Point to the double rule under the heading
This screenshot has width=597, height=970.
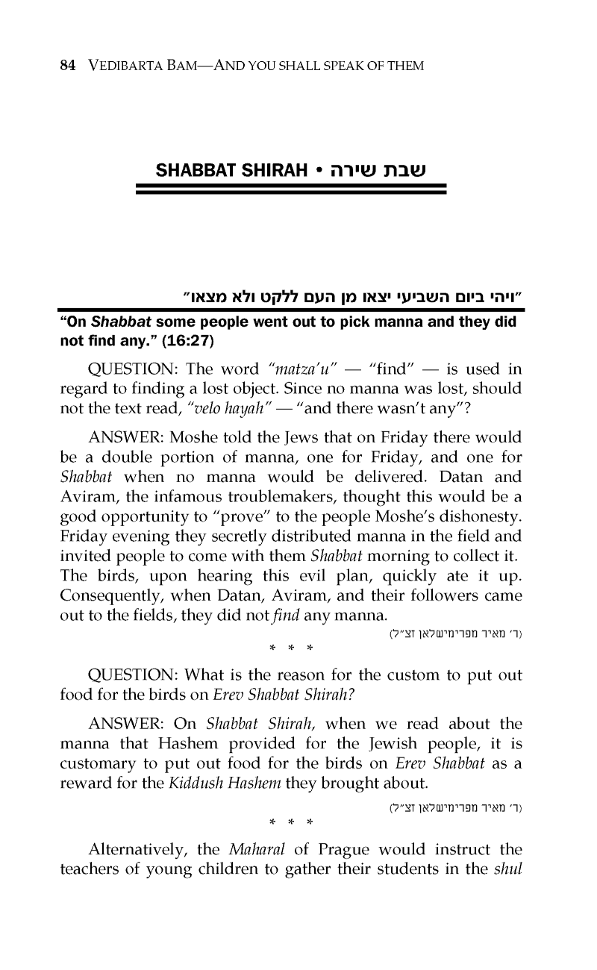coord(291,191)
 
